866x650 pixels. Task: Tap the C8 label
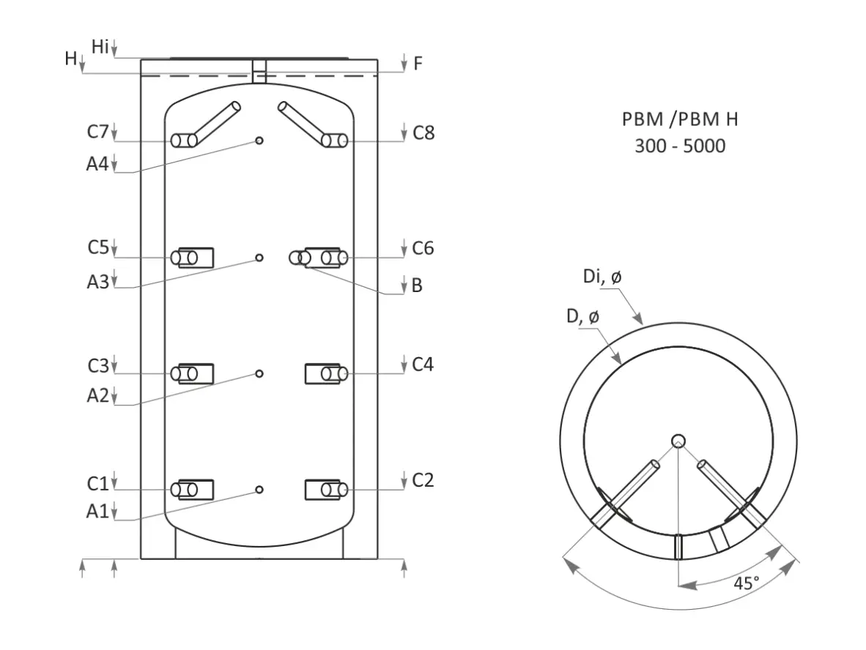click(423, 133)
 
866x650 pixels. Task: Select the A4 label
click(97, 164)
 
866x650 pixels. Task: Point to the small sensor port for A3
click(259, 258)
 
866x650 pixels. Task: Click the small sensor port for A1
click(259, 490)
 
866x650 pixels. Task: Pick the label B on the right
click(417, 285)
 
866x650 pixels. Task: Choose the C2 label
click(423, 481)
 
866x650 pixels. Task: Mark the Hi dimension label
click(100, 47)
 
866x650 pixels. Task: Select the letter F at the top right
click(418, 64)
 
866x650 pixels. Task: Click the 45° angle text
click(746, 583)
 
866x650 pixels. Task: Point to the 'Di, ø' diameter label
click(602, 276)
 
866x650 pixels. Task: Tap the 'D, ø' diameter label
click(582, 316)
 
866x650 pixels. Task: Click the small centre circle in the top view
click(678, 441)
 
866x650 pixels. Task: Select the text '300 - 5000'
click(680, 146)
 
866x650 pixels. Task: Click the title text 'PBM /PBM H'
click(680, 119)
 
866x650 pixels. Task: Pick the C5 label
click(98, 247)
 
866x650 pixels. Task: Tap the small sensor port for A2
click(259, 373)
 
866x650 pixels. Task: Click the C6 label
click(423, 248)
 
